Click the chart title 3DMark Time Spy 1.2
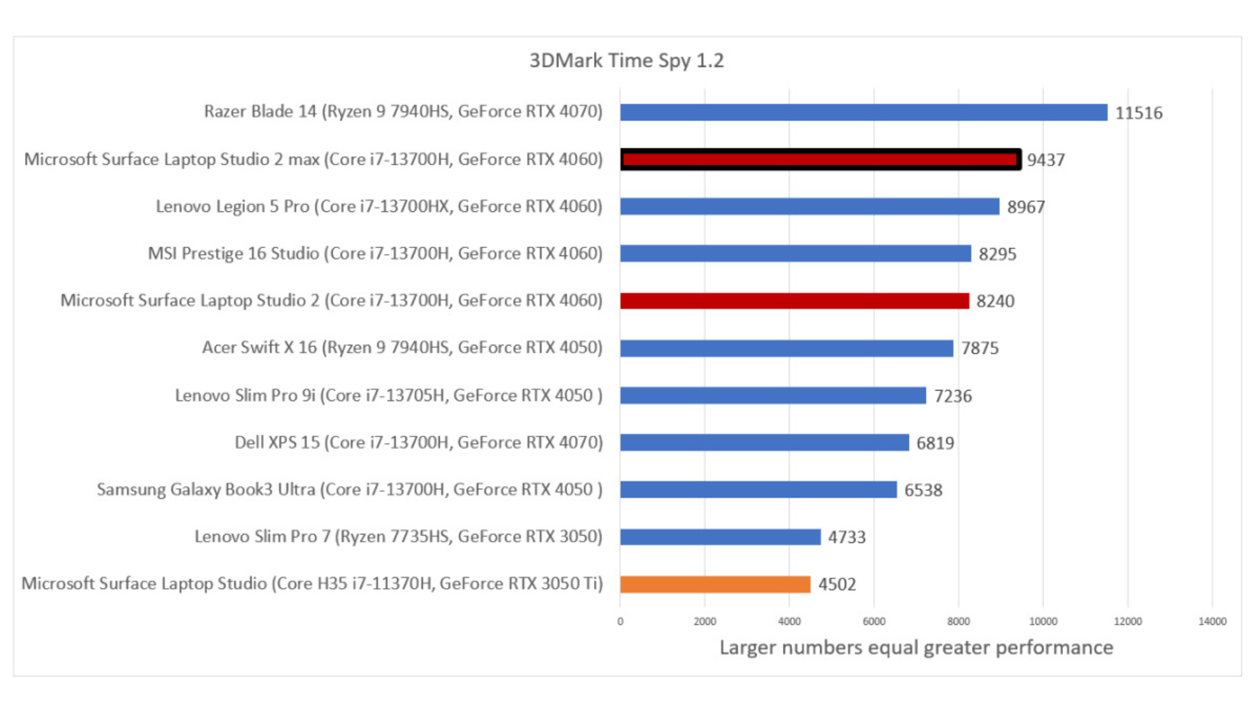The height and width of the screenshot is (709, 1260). [626, 60]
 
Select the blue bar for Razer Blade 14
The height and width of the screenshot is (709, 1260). [863, 112]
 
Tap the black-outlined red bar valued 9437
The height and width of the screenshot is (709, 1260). [820, 160]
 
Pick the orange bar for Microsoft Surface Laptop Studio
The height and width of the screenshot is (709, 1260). [715, 584]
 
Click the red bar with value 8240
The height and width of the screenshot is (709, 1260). [794, 301]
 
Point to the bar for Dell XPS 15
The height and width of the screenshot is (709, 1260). [764, 442]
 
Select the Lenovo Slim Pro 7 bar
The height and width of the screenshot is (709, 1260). [720, 537]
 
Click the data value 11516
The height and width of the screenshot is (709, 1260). [1139, 113]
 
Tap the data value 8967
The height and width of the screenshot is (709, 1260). [1026, 207]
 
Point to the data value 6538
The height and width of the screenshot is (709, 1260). [923, 490]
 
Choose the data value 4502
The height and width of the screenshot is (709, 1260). [837, 584]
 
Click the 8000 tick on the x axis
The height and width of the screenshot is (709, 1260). [958, 621]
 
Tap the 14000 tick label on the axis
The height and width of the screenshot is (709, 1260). [1211, 621]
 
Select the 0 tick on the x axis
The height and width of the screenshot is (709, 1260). [620, 621]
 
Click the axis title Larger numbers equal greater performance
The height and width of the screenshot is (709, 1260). [916, 647]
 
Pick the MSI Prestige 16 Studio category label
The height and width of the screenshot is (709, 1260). [375, 253]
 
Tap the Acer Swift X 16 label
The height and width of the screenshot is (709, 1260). [402, 347]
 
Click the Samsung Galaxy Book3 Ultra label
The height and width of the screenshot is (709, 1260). [349, 490]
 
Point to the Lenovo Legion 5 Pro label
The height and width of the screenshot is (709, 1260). [379, 206]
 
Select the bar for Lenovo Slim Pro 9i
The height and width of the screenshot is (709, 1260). [772, 395]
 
